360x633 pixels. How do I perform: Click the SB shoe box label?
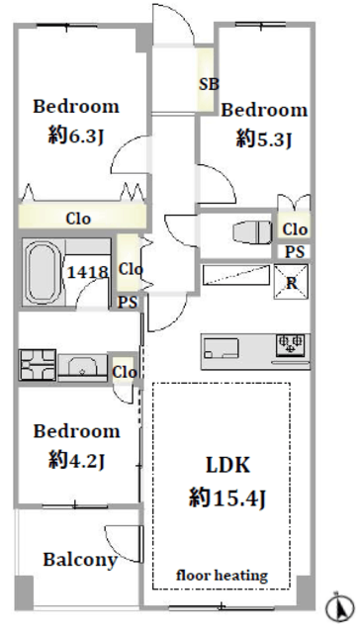click(209, 84)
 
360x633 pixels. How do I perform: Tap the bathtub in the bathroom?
click(42, 273)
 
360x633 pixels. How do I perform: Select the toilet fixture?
click(252, 233)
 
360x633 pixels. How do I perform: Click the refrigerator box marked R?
click(291, 281)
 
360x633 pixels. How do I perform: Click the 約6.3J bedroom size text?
click(77, 136)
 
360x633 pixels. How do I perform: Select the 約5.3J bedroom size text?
click(264, 139)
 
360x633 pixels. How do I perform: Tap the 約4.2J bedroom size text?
click(77, 460)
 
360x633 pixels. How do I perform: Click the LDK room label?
click(228, 465)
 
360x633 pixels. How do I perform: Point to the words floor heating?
click(222, 575)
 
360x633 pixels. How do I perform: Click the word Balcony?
click(80, 560)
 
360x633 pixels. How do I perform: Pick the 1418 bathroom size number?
click(87, 272)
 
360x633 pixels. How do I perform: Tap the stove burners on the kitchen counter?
click(290, 345)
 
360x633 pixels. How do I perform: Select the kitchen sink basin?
click(221, 348)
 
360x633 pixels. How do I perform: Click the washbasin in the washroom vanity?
click(82, 367)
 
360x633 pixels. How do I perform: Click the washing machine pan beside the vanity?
click(38, 365)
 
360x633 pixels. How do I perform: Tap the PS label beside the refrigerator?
click(295, 252)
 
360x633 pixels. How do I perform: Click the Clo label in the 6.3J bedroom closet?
click(78, 219)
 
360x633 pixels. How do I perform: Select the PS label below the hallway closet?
click(128, 302)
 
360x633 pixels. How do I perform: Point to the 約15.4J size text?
click(228, 497)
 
